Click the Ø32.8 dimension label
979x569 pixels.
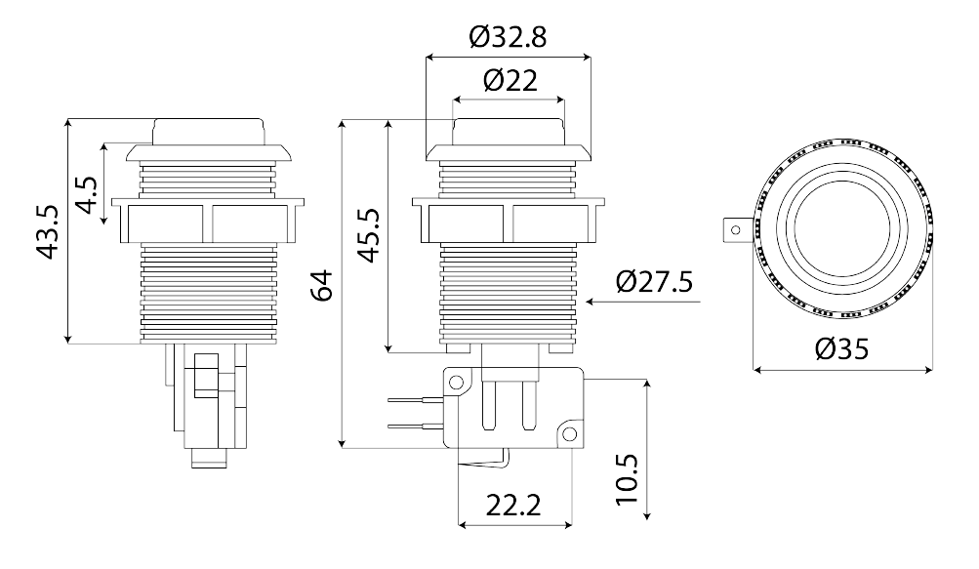coord(508,37)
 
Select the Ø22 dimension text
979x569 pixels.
coord(510,80)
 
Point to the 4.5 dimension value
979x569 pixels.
coord(88,194)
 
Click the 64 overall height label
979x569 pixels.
coord(322,285)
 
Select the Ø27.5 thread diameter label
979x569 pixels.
coord(654,282)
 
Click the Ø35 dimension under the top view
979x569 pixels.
coord(841,349)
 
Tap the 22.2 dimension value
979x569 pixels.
coord(513,505)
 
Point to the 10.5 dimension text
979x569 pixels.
coord(627,479)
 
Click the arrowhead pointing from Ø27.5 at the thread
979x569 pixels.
coord(591,302)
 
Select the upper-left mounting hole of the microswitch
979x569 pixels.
coord(457,382)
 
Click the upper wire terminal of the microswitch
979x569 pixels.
coord(415,400)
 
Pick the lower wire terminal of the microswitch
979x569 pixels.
coord(415,426)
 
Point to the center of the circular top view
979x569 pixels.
coord(843,229)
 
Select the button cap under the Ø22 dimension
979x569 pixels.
coord(509,131)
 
